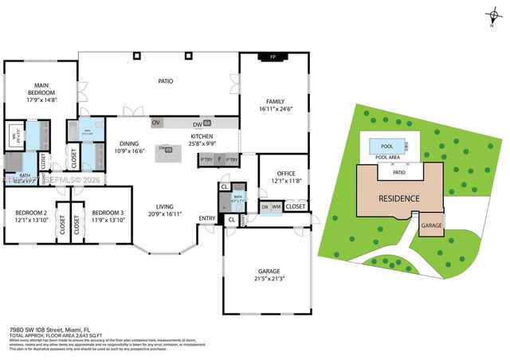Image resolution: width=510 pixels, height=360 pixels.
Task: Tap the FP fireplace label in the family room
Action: pyautogui.click(x=273, y=57)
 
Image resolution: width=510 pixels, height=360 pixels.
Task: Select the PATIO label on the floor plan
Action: pyautogui.click(x=165, y=80)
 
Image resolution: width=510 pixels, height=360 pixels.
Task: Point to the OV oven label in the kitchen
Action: pyautogui.click(x=156, y=123)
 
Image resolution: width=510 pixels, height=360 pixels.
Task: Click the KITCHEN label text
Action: pyautogui.click(x=202, y=136)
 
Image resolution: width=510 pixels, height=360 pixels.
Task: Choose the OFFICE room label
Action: pyautogui.click(x=286, y=173)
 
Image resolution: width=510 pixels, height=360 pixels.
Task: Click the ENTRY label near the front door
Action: pyautogui.click(x=206, y=218)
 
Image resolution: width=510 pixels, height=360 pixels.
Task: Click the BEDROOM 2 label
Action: pyautogui.click(x=30, y=213)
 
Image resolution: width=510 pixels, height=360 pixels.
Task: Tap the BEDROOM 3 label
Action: pyautogui.click(x=107, y=213)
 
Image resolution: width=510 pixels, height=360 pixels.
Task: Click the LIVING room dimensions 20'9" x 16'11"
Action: pyautogui.click(x=164, y=213)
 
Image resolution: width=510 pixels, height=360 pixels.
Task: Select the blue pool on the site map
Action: pyautogui.click(x=387, y=146)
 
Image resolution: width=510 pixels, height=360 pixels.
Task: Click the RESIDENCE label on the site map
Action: pyautogui.click(x=399, y=198)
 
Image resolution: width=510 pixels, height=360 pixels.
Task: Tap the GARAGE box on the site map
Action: pyautogui.click(x=431, y=225)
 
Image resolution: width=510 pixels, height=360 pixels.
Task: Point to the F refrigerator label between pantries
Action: pyautogui.click(x=220, y=160)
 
